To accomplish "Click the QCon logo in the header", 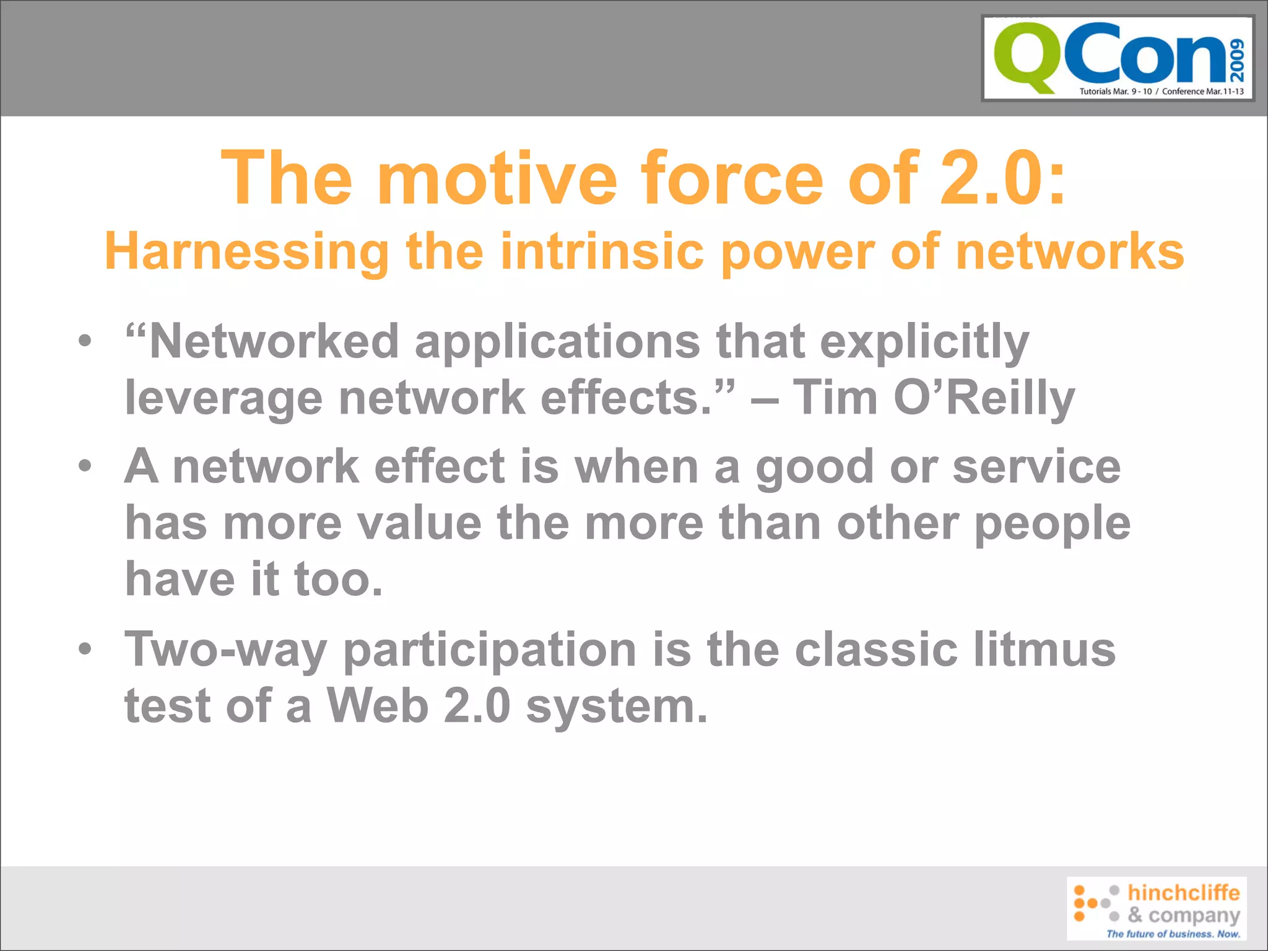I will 1118,58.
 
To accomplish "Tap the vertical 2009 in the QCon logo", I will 1236,60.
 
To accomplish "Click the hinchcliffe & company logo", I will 1156,908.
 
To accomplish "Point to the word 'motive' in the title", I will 500,179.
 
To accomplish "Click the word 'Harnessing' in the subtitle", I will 246,252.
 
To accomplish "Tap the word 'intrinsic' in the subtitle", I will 602,252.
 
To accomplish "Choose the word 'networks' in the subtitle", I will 1070,252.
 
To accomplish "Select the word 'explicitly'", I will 924,342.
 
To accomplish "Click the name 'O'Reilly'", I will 984,398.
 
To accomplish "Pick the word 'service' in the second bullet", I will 1036,466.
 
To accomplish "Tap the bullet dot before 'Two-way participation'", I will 85,648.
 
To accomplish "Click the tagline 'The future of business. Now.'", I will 1173,934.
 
